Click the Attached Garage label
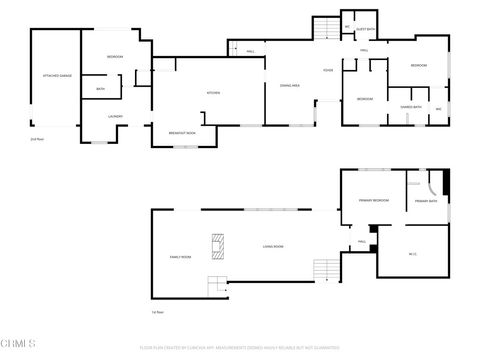pyautogui.click(x=54, y=76)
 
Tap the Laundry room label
pyautogui.click(x=115, y=116)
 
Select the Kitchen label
pyautogui.click(x=213, y=93)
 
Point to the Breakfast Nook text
pyautogui.click(x=184, y=133)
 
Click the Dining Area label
pyautogui.click(x=278, y=85)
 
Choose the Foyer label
pyautogui.click(x=327, y=70)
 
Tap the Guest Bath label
pyautogui.click(x=366, y=30)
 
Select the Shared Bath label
pyautogui.click(x=409, y=107)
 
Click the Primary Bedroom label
pyautogui.click(x=374, y=201)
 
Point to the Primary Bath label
pyautogui.click(x=425, y=201)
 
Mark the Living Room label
pyautogui.click(x=273, y=246)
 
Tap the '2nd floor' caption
pyautogui.click(x=37, y=139)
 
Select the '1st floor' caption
pyautogui.click(x=157, y=313)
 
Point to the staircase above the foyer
pyautogui.click(x=327, y=30)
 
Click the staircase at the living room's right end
pyautogui.click(x=327, y=269)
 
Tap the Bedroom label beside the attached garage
pyautogui.click(x=115, y=57)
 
